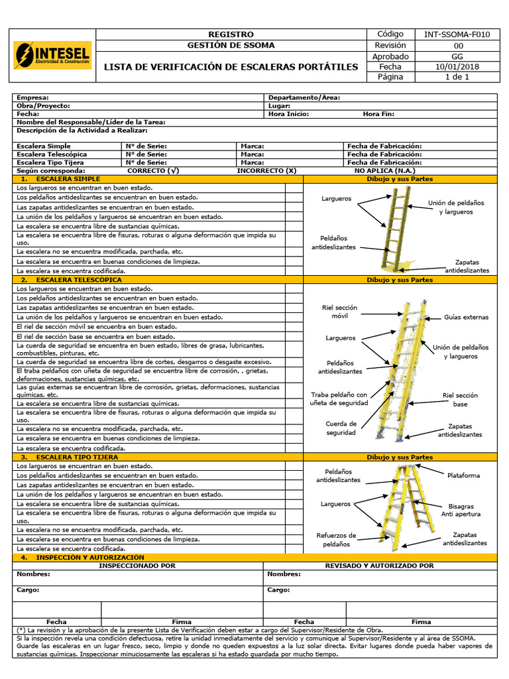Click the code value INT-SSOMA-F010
pyautogui.click(x=457, y=34)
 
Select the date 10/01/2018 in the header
pyautogui.click(x=457, y=66)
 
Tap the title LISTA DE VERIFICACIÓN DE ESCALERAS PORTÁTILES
pyautogui.click(x=231, y=67)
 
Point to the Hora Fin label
pyautogui.click(x=378, y=113)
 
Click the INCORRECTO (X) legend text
pyautogui.click(x=266, y=170)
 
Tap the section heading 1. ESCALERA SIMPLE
pyautogui.click(x=61, y=179)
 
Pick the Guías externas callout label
pyautogui.click(x=466, y=317)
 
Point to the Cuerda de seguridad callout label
pyautogui.click(x=341, y=428)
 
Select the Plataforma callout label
pyautogui.click(x=463, y=475)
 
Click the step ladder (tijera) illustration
pyautogui.click(x=398, y=507)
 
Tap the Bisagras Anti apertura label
pyautogui.click(x=461, y=510)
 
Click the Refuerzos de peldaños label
pyautogui.click(x=336, y=540)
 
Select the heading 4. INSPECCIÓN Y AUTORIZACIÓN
pyautogui.click(x=82, y=558)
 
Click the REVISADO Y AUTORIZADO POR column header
pyautogui.click(x=379, y=566)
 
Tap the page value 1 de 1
pyautogui.click(x=457, y=77)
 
